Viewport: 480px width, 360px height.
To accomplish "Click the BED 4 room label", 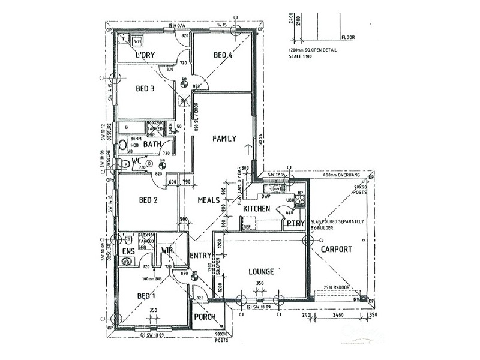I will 223,56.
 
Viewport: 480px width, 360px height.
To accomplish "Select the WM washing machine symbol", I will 137,41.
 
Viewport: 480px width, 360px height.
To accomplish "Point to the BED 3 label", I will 145,89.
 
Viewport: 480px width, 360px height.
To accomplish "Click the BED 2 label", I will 148,200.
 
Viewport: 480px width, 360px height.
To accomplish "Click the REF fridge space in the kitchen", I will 247,227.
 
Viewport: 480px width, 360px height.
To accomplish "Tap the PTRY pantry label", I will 296,223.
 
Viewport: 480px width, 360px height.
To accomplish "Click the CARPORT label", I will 337,249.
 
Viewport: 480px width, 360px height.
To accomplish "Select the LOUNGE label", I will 261,272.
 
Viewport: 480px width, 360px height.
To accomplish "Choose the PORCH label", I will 205,317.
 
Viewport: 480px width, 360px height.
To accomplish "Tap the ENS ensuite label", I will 128,251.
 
